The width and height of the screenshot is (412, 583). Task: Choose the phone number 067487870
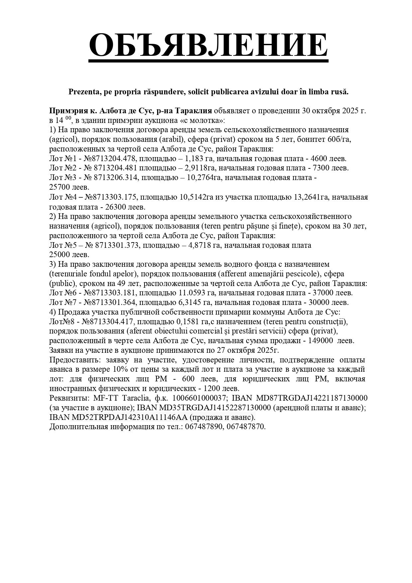(246, 427)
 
